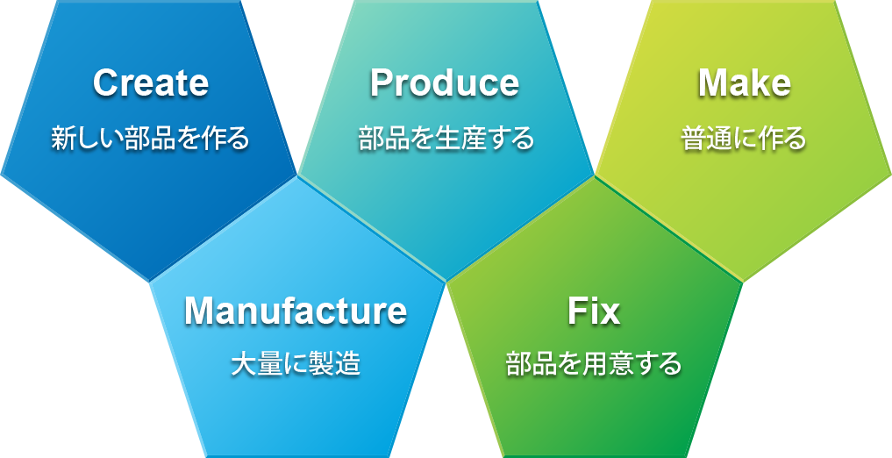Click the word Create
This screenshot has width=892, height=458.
click(151, 83)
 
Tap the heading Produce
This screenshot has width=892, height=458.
click(444, 83)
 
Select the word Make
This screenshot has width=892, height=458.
click(744, 83)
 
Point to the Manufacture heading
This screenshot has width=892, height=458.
click(295, 311)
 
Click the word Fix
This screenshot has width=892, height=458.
click(593, 311)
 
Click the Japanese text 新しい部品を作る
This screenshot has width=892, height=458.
click(150, 139)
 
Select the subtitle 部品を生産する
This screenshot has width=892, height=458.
click(446, 139)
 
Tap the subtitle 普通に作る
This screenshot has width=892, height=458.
click(744, 139)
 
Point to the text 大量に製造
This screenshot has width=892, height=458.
click(295, 365)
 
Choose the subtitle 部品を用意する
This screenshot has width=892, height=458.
click(594, 365)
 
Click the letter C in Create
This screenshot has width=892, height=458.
click(105, 83)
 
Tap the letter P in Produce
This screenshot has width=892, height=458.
click(382, 83)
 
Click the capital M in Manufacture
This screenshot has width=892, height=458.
click(199, 311)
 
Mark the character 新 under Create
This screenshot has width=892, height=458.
click(62, 139)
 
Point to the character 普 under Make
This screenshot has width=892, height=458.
click(694, 139)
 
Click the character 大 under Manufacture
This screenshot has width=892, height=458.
click(242, 365)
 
